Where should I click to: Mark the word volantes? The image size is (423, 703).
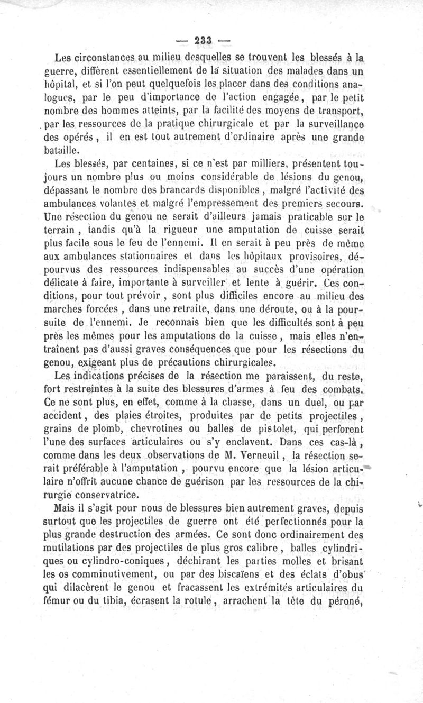(127, 204)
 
